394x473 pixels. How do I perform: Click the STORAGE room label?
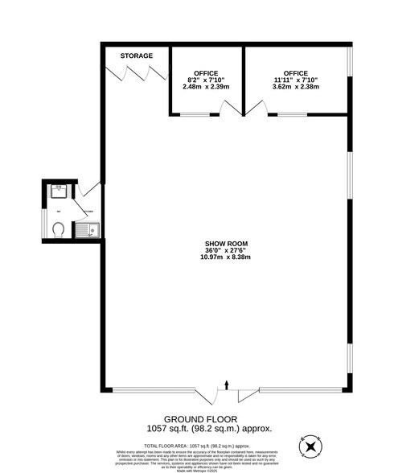(x=136, y=56)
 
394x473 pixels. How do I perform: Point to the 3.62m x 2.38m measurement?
(x=296, y=87)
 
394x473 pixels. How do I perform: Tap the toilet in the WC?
(x=58, y=230)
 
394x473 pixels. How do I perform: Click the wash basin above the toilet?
(x=58, y=192)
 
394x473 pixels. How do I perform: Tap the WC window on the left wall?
(x=44, y=223)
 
